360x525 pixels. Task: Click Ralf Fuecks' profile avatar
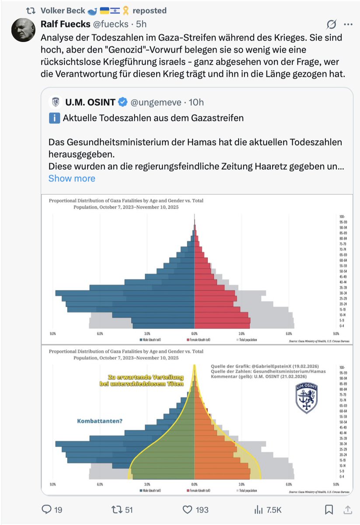point(23,30)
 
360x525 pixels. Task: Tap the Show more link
point(71,178)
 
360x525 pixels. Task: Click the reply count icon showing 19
point(47,510)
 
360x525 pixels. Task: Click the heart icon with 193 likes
point(188,510)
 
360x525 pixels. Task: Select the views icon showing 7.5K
point(258,510)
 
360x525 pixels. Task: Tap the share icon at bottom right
point(348,510)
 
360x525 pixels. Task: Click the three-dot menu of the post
point(348,24)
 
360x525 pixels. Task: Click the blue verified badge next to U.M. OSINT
point(123,102)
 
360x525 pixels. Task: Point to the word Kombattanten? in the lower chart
point(99,421)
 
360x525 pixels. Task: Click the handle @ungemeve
point(155,102)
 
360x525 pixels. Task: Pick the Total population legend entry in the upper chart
point(248,339)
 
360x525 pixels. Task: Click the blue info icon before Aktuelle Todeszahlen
point(54,118)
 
